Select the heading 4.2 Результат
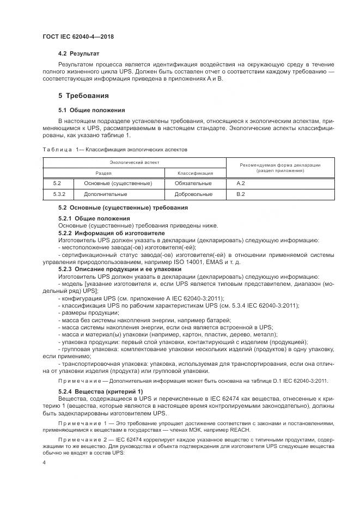[79, 54]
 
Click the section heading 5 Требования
[83, 95]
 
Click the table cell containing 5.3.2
[60, 194]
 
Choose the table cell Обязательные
[193, 183]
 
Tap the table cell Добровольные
[193, 194]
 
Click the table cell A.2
[241, 183]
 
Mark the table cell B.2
[241, 194]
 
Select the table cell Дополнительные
[106, 194]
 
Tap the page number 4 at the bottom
[44, 462]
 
